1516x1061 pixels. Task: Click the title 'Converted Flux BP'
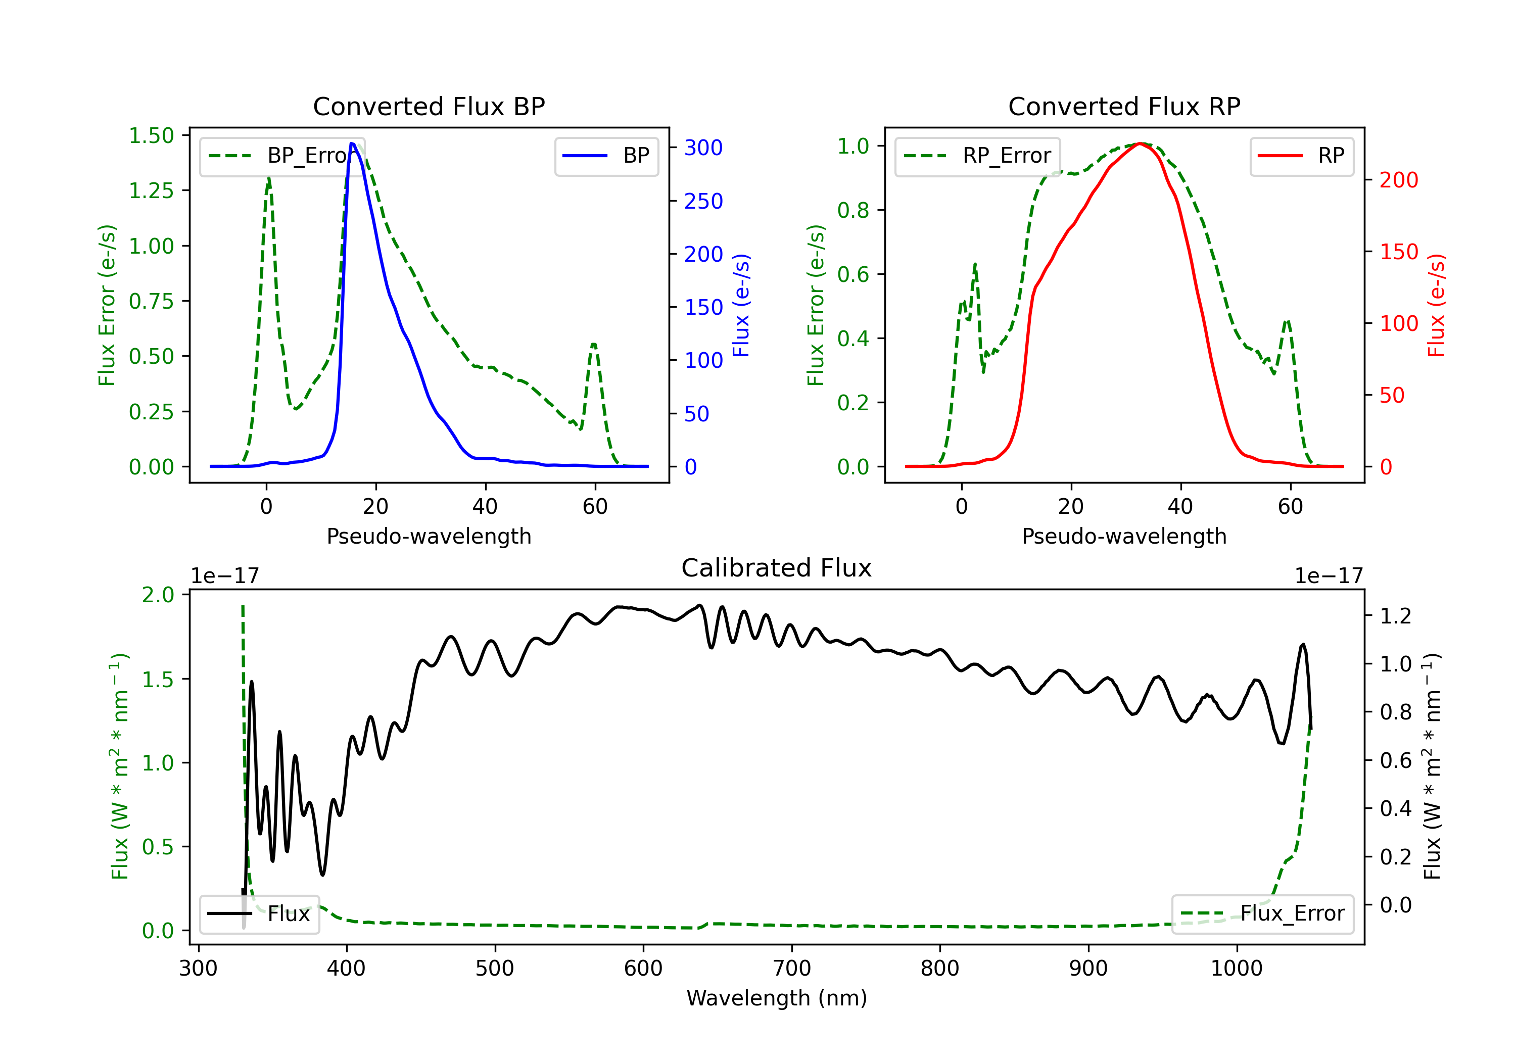[429, 106]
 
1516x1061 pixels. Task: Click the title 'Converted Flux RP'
[1124, 106]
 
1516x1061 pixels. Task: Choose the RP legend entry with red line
[1301, 156]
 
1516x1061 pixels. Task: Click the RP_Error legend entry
[978, 156]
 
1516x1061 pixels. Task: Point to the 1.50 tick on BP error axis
[151, 135]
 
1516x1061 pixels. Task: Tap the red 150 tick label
[1398, 252]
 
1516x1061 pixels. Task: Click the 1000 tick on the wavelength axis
[1236, 969]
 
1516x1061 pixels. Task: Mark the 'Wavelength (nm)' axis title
[777, 998]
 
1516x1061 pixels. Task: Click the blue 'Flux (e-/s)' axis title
[741, 305]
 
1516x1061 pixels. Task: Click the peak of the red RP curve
[1140, 143]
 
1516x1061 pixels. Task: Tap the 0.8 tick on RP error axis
[853, 210]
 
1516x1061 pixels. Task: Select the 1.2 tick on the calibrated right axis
[1395, 616]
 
